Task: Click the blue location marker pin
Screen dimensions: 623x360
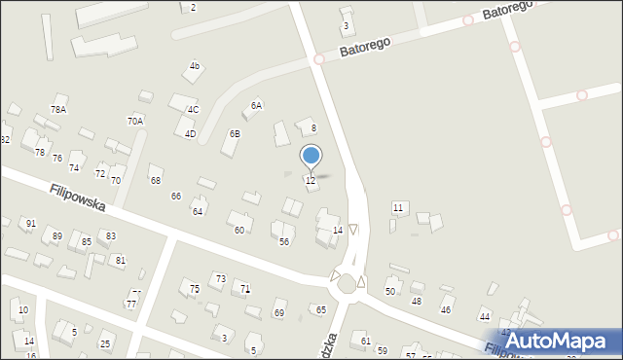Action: (311, 156)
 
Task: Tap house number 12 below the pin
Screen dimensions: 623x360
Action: (311, 181)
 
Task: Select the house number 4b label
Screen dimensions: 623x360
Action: (195, 66)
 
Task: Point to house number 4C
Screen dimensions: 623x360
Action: (193, 110)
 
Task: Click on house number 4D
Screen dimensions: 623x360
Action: (190, 134)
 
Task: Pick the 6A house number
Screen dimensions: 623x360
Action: (257, 105)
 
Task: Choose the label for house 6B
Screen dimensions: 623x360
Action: (235, 133)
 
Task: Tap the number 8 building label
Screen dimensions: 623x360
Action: (313, 128)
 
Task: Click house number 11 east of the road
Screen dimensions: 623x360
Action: (398, 208)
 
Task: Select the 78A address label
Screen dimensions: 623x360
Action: (58, 110)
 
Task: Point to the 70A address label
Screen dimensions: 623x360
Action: (135, 121)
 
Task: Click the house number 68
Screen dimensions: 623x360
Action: (155, 180)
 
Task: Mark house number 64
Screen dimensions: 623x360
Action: (198, 211)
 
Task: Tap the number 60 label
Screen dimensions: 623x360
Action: (239, 230)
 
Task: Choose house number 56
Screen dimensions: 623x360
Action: (284, 241)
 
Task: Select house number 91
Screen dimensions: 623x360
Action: (30, 224)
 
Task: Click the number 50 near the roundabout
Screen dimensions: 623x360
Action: (390, 291)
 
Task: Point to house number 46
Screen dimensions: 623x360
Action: (446, 309)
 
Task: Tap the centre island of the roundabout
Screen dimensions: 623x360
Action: (346, 283)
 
